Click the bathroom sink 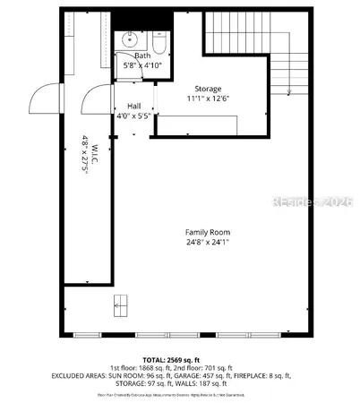[131, 40]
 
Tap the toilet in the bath [159, 43]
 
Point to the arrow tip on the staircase [288, 93]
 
